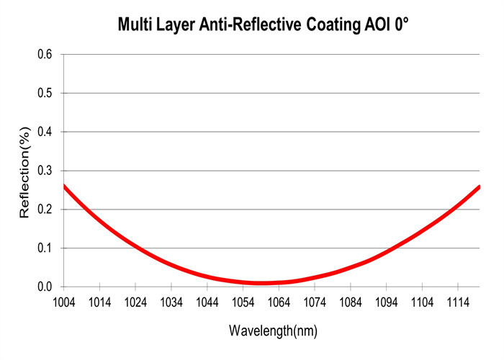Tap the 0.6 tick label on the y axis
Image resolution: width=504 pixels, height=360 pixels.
click(x=45, y=55)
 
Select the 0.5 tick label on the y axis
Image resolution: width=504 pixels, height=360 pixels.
click(x=45, y=94)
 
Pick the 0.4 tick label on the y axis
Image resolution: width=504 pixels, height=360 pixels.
click(x=45, y=132)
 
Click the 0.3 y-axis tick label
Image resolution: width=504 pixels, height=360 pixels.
click(x=45, y=171)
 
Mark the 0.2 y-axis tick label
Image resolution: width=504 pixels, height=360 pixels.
click(x=45, y=210)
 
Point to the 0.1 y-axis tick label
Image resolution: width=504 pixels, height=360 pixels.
click(x=45, y=248)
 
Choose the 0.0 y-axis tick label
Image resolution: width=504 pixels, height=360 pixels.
click(x=45, y=287)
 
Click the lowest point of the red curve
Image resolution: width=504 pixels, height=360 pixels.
click(x=261, y=283)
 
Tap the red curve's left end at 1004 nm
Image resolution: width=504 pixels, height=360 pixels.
click(x=64, y=186)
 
